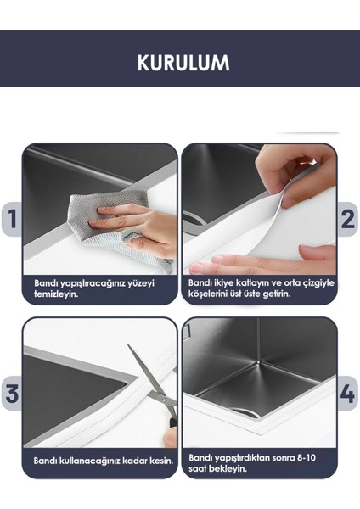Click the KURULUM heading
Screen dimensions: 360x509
183,63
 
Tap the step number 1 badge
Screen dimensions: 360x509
12,219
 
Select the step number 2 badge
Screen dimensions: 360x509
347,219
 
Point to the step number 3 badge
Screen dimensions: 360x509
12,393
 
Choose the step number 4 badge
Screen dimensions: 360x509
347,393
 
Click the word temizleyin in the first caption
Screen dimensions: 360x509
56,294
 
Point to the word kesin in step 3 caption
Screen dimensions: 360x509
161,461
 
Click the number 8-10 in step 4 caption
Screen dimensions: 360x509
306,458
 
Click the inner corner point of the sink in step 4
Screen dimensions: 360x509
257,361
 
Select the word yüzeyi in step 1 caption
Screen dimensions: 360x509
141,283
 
